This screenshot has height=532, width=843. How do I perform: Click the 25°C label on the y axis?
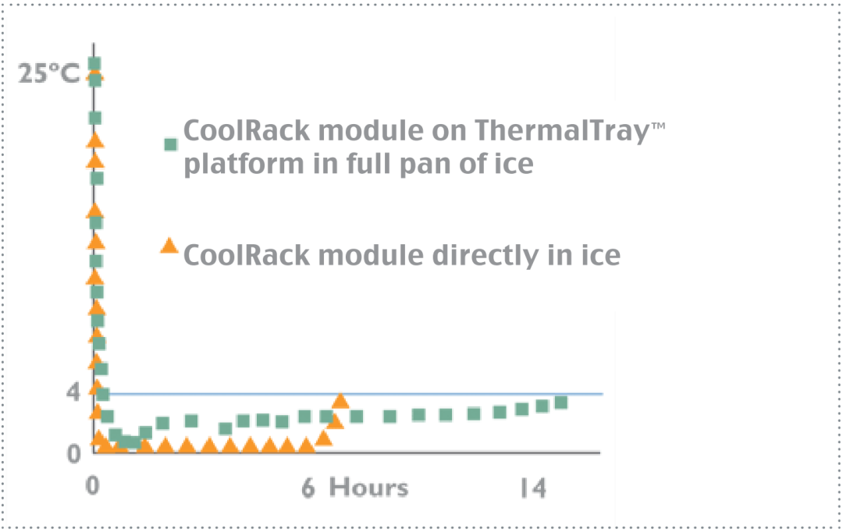pos(49,73)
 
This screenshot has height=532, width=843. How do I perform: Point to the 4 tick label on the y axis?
pos(73,392)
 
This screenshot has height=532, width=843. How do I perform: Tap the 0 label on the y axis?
pos(73,454)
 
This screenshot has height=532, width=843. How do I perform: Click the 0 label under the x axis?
pos(92,486)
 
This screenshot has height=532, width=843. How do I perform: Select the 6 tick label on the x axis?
pos(308,488)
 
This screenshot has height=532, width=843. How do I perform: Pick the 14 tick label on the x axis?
pos(533,488)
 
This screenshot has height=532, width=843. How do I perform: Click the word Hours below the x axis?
pos(368,488)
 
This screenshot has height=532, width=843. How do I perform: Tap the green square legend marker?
pos(170,144)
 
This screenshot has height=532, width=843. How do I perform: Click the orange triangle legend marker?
pos(169,246)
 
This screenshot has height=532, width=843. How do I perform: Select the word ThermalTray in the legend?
pos(562,130)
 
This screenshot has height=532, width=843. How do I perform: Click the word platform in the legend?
pos(244,164)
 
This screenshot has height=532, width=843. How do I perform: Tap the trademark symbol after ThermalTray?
pos(659,126)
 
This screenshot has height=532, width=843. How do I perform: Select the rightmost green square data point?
pos(560,403)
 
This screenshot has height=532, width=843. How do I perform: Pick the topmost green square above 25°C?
pos(94,64)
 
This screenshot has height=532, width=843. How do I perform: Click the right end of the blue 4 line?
pos(603,394)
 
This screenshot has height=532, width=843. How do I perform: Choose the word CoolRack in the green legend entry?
pos(247,130)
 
